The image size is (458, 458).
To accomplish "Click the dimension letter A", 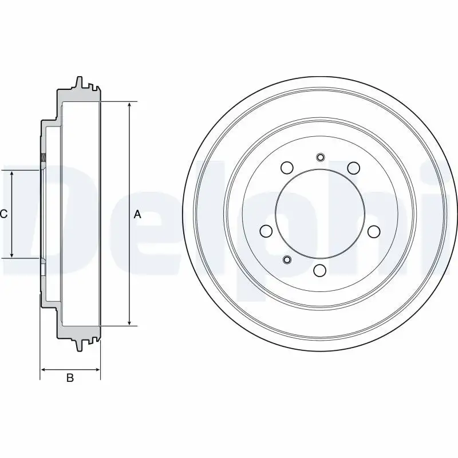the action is [x=137, y=214].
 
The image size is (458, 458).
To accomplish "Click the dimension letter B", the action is [x=70, y=378].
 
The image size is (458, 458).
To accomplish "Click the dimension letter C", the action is [x=3, y=214].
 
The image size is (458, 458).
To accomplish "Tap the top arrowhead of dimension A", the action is [x=130, y=105].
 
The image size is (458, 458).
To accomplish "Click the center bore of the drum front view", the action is [x=320, y=214].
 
